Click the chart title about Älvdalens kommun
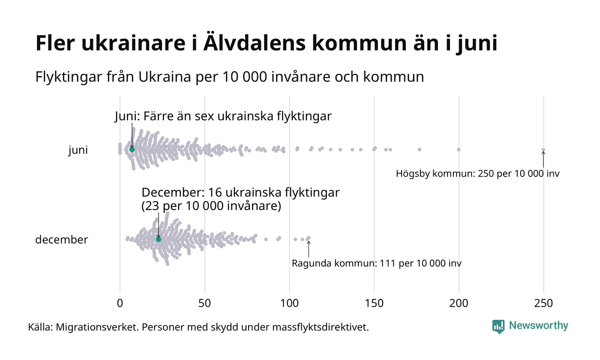(266, 43)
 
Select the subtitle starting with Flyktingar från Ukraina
(229, 77)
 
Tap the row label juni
(78, 150)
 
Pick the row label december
(61, 240)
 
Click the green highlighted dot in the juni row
(132, 150)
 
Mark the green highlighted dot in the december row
(159, 239)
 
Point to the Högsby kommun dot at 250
(543, 150)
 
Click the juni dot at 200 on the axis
(459, 150)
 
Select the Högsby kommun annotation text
(477, 174)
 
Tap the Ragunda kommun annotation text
(376, 263)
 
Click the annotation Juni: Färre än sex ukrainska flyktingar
(223, 116)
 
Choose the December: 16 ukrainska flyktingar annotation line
(240, 193)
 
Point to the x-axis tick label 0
(120, 303)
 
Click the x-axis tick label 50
(204, 303)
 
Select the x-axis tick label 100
(289, 303)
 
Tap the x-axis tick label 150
(374, 303)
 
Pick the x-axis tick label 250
(543, 303)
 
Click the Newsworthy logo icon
(498, 327)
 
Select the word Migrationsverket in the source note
(96, 327)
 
